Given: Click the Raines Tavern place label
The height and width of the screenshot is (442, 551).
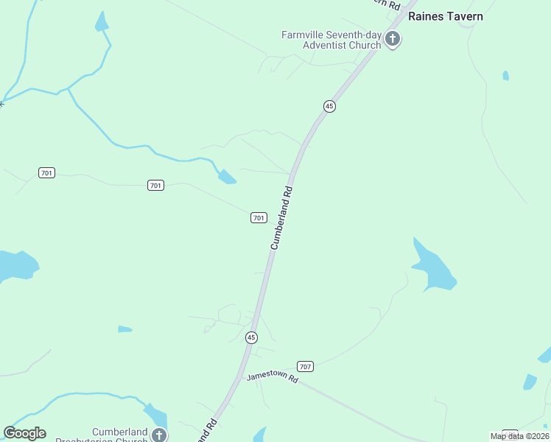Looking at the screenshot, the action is pyautogui.click(x=446, y=16).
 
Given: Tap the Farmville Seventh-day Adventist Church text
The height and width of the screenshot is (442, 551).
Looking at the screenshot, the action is pyautogui.click(x=331, y=39).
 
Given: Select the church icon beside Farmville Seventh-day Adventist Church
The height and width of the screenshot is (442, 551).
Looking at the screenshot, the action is pyautogui.click(x=393, y=39).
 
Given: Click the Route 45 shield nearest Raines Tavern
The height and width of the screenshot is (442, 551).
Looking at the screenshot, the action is pyautogui.click(x=329, y=106).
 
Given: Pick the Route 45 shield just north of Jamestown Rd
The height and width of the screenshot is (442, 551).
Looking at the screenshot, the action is pyautogui.click(x=251, y=337).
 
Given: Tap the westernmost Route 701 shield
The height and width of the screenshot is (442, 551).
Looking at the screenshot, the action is pyautogui.click(x=46, y=172).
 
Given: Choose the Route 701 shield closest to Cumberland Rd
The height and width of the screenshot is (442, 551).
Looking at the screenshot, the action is pyautogui.click(x=258, y=217).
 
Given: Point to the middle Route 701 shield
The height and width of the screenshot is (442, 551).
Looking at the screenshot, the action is pyautogui.click(x=155, y=185).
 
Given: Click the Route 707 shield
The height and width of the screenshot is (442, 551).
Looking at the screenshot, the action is pyautogui.click(x=306, y=366).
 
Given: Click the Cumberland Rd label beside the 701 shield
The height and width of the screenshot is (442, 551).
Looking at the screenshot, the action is pyautogui.click(x=281, y=217).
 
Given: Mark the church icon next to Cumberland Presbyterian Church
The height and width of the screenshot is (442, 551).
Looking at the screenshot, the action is pyautogui.click(x=158, y=435).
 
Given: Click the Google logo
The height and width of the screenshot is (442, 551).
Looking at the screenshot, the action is pyautogui.click(x=24, y=433).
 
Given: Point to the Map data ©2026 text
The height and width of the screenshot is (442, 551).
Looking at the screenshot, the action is pyautogui.click(x=519, y=436).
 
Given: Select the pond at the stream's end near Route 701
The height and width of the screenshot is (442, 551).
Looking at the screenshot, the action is pyautogui.click(x=227, y=177).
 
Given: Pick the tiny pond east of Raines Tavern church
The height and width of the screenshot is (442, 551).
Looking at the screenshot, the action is pyautogui.click(x=505, y=75).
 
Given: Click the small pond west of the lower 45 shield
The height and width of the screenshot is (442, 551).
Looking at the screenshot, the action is pyautogui.click(x=124, y=329).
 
